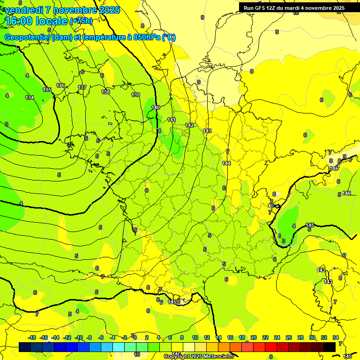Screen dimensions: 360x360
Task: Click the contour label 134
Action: [30, 97]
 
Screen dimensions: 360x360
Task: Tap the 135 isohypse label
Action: [47, 90]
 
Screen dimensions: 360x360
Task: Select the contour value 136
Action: [60, 85]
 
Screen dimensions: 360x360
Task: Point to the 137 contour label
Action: [82, 88]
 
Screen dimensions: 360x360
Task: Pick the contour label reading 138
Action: [105, 92]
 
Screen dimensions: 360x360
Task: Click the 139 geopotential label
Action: [135, 95]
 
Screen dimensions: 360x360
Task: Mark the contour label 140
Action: [156, 107]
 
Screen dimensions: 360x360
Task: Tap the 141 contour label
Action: [172, 120]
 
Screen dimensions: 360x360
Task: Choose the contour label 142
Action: [189, 125]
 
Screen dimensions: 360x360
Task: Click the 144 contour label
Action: [226, 163]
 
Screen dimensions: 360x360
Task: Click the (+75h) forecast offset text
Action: [81, 21]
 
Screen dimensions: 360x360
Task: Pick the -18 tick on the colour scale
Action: [32, 337]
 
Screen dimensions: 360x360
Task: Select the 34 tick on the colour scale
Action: [336, 337]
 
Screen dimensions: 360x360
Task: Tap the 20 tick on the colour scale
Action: [254, 337]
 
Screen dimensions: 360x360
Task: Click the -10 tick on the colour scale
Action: [78, 337]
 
